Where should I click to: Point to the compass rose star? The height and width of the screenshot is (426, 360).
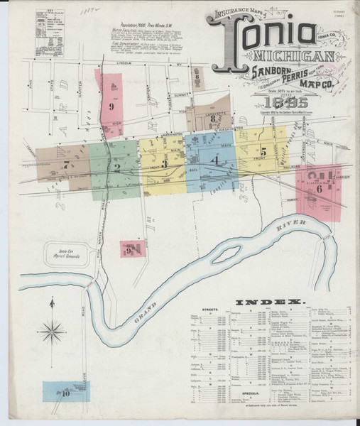52,329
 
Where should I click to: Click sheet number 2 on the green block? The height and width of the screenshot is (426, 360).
116,168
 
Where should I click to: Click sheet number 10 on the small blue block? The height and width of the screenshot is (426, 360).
65,391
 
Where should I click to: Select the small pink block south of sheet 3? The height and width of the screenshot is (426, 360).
131,249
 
